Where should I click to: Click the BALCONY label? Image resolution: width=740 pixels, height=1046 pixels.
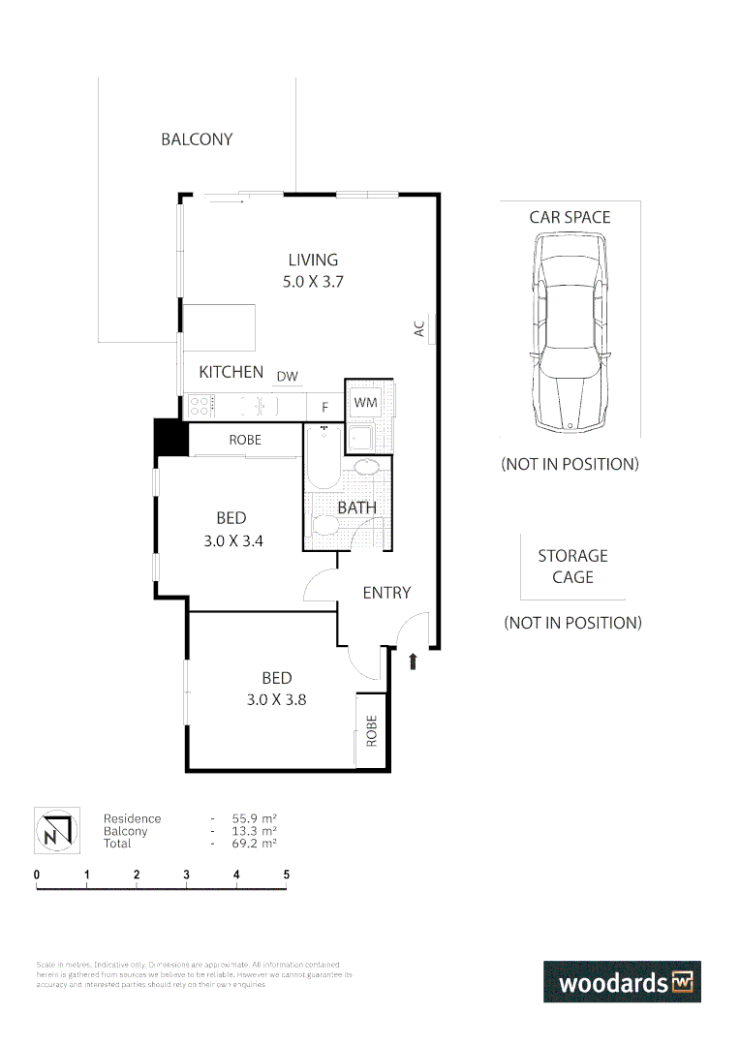click(x=197, y=139)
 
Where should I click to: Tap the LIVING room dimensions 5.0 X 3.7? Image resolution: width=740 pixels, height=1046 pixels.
click(x=313, y=283)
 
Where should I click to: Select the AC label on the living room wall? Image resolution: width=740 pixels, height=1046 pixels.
click(x=419, y=329)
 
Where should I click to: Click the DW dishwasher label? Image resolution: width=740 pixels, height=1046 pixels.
click(x=287, y=377)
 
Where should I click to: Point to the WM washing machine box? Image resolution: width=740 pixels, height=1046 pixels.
click(x=365, y=402)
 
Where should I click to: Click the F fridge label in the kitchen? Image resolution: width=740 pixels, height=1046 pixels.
click(x=324, y=408)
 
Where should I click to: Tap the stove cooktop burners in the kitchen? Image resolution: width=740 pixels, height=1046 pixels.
click(x=200, y=406)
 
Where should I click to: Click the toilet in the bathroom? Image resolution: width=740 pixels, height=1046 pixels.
click(x=324, y=525)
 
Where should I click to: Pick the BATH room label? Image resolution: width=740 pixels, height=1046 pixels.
click(x=356, y=508)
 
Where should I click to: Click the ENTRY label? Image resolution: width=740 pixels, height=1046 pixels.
click(x=386, y=593)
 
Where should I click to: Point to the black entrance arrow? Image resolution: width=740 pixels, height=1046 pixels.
click(x=414, y=661)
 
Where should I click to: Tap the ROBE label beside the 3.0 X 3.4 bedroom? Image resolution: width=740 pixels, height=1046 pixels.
click(x=245, y=440)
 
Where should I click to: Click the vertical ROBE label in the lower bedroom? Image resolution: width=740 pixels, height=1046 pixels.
click(x=371, y=731)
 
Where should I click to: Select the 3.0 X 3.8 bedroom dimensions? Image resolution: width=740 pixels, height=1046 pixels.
click(x=276, y=699)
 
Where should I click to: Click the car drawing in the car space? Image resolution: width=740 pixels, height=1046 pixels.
click(x=570, y=334)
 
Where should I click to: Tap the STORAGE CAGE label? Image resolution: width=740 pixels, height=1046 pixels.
click(x=572, y=567)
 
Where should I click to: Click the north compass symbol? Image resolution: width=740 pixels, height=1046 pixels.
click(x=53, y=831)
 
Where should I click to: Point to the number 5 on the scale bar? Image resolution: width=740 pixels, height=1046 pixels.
click(x=286, y=875)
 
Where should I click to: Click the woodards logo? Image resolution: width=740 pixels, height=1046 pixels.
click(x=621, y=982)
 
